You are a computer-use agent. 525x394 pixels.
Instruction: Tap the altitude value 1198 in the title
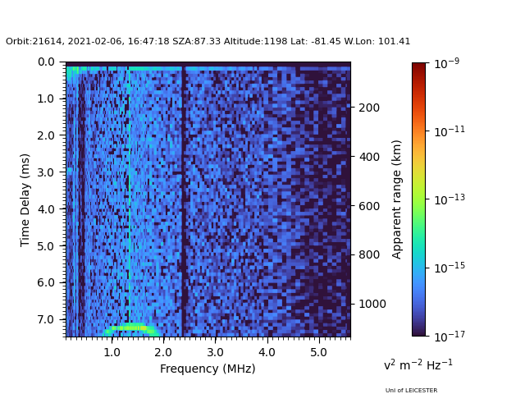(276, 41)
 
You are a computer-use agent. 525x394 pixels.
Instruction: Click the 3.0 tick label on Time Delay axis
(46, 172)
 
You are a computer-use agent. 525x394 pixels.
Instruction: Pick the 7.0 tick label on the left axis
(46, 319)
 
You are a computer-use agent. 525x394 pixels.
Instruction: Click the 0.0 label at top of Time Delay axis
(46, 62)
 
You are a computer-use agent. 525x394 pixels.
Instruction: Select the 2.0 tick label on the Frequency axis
(163, 352)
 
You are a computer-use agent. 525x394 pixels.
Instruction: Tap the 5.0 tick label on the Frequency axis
(319, 352)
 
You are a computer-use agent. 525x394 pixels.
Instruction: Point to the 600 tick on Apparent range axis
(369, 206)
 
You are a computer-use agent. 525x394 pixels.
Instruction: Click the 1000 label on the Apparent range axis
(372, 304)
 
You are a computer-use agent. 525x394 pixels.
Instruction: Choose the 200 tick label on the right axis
(369, 108)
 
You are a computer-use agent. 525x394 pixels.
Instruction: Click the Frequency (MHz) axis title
(208, 369)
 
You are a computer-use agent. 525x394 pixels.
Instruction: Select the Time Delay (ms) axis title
(25, 200)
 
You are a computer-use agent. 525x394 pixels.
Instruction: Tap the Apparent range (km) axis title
(396, 199)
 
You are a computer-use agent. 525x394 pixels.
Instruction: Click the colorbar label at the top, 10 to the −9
(446, 63)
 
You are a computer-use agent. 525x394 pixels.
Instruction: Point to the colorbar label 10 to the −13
(450, 199)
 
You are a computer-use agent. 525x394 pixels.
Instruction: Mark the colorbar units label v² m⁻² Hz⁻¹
(418, 364)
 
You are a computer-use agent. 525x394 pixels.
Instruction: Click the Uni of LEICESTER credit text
(411, 391)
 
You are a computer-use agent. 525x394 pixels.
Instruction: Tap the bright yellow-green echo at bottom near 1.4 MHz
(130, 328)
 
